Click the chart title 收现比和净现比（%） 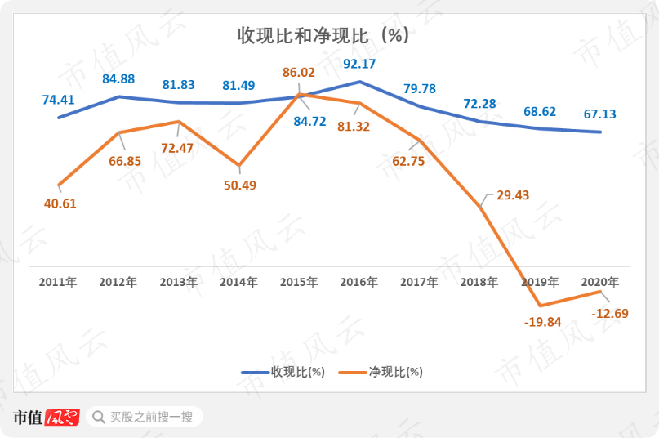pos(323,36)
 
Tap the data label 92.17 pos(359,63)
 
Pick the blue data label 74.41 pos(59,101)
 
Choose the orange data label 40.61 pos(60,203)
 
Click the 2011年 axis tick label pos(58,282)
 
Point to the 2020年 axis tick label pos(599,282)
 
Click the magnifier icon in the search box pos(98,418)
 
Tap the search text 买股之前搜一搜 pos(151,418)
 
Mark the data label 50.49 pos(240,185)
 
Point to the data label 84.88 pos(119,79)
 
